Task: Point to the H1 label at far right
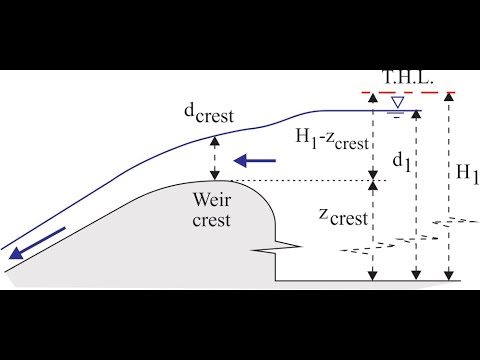coord(467,172)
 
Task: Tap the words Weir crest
coord(212,207)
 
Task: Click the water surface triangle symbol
coord(397,102)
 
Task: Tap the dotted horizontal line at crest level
coord(300,181)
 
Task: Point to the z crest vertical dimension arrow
coord(372,230)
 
